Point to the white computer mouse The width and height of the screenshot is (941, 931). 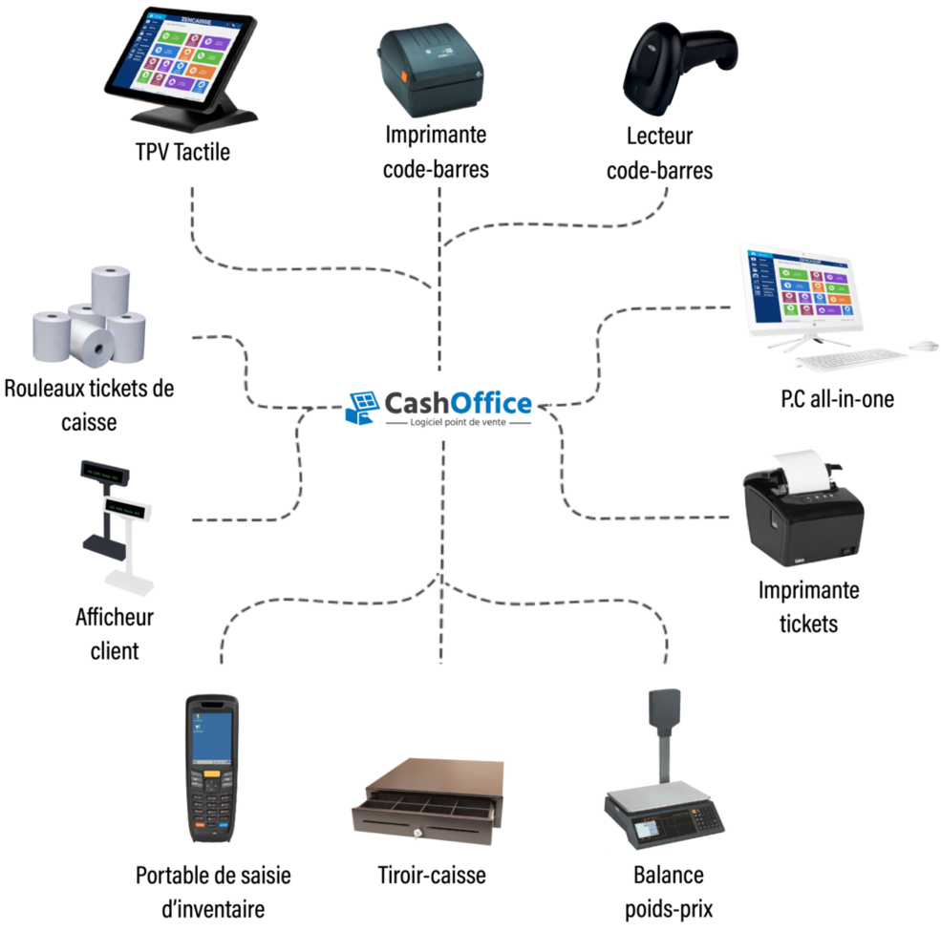click(924, 344)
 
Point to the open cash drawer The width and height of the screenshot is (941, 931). click(426, 802)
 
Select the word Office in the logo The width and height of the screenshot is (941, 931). click(491, 404)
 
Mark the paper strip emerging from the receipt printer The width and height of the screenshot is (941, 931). click(801, 462)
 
